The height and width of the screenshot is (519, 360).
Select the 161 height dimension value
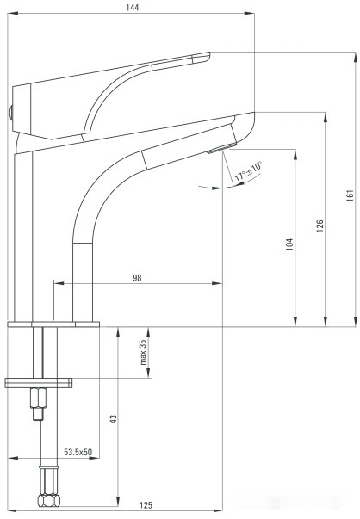(x=350, y=195)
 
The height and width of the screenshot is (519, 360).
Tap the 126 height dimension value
(x=318, y=226)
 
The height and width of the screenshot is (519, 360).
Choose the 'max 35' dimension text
(x=145, y=351)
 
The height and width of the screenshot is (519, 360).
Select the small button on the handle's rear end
(x=10, y=109)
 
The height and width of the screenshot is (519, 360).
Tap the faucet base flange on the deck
(x=53, y=324)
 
